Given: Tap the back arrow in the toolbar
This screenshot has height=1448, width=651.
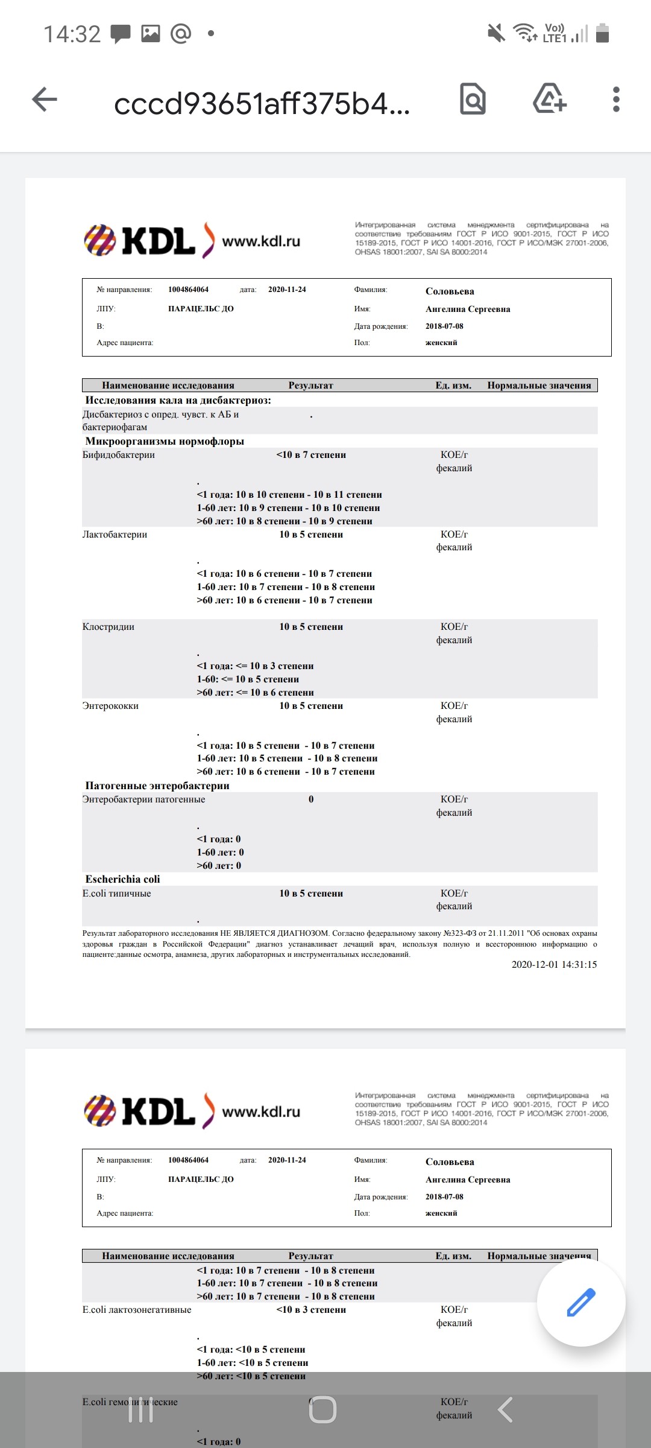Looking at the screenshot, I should click(x=45, y=100).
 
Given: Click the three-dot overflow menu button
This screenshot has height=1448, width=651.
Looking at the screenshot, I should click(x=615, y=100).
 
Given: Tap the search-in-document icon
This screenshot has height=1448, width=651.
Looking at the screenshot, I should click(x=473, y=100).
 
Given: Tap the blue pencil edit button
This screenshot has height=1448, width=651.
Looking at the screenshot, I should click(x=580, y=1302).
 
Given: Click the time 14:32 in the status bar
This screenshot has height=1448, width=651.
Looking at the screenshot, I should click(x=72, y=34).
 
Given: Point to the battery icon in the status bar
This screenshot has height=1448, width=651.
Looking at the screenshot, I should click(x=602, y=33).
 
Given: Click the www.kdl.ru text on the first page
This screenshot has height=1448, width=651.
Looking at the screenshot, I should click(x=261, y=241).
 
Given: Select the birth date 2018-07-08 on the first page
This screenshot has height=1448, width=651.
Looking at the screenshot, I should click(x=444, y=326).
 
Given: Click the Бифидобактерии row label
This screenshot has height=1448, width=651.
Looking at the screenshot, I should click(x=119, y=455).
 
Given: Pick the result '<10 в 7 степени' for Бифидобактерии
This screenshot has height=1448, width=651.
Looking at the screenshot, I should click(x=311, y=455).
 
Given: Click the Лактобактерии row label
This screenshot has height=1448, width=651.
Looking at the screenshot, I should click(x=115, y=535).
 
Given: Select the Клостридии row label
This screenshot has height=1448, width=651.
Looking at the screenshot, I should click(x=108, y=627).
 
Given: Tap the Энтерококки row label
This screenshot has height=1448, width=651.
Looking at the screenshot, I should click(x=110, y=706).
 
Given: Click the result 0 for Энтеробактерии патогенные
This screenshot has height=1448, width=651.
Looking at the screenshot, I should click(x=311, y=799).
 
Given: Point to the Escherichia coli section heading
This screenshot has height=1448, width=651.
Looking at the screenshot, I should click(x=122, y=879).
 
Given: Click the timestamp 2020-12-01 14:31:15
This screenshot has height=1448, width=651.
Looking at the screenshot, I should click(x=554, y=965).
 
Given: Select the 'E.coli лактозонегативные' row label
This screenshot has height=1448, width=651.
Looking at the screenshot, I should click(x=137, y=1310).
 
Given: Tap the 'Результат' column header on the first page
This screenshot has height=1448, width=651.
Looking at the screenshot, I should click(x=310, y=386).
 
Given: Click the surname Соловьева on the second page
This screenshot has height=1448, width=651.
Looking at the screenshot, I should click(x=450, y=1162).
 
